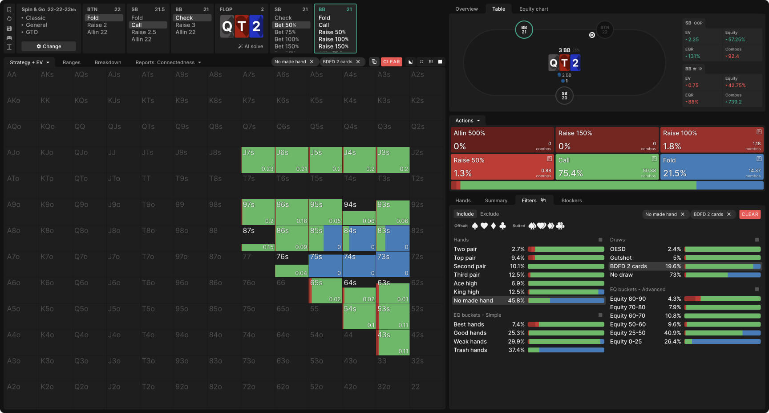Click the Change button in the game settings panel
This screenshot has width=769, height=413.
[x=49, y=46]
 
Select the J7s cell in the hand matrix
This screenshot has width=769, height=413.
[x=258, y=160]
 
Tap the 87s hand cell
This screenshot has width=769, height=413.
[x=258, y=238]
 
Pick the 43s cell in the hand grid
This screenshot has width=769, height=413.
[x=393, y=343]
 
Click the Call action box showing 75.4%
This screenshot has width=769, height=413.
[x=607, y=167]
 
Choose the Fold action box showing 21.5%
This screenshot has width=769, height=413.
[x=712, y=167]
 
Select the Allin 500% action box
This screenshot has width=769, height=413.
[x=502, y=140]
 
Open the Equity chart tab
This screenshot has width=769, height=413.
[x=534, y=9]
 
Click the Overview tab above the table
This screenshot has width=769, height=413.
[x=466, y=9]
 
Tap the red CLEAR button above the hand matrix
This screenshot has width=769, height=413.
[x=391, y=62]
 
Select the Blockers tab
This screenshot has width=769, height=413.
[x=571, y=200]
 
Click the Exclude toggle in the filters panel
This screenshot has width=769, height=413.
[x=490, y=214]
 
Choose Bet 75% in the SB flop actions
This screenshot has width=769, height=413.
[x=285, y=32]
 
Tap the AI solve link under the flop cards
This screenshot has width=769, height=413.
[x=251, y=46]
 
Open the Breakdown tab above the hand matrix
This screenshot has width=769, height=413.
[x=108, y=62]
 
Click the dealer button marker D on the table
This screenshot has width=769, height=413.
[x=592, y=35]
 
